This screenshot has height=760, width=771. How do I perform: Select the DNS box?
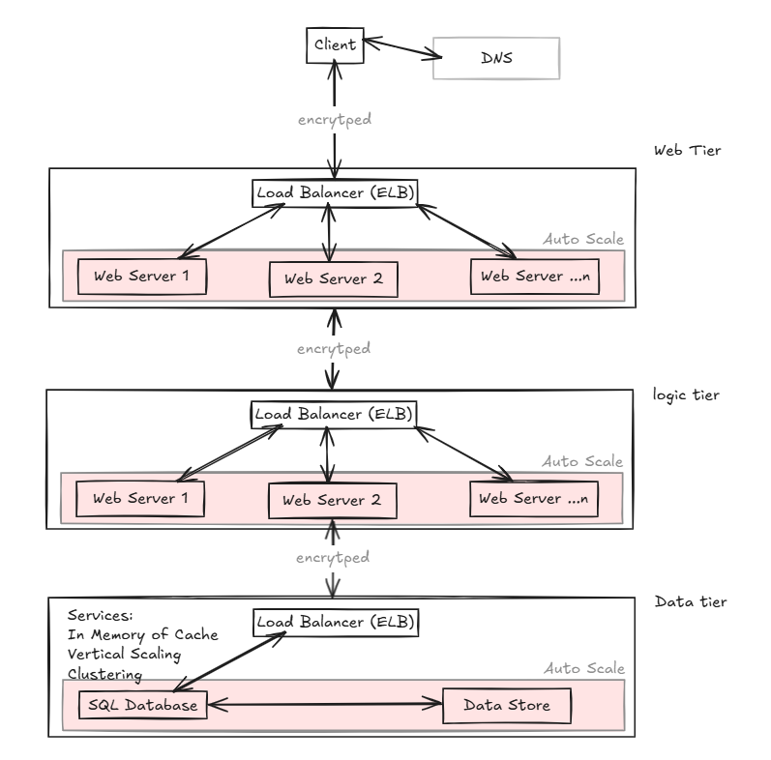[x=496, y=58]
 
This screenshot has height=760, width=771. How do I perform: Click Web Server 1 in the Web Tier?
[x=142, y=276]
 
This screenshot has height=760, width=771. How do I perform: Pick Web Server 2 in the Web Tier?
[x=334, y=278]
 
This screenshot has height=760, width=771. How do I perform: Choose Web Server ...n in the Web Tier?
[x=533, y=276]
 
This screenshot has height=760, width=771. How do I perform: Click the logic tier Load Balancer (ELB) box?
[x=333, y=414]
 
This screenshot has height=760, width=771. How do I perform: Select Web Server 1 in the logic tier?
[x=142, y=498]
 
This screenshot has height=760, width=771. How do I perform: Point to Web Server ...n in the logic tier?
[x=533, y=498]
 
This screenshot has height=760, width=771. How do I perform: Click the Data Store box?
[x=507, y=705]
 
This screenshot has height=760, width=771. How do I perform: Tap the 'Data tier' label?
[x=690, y=601]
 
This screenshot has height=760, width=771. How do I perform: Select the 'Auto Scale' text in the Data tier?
[x=584, y=668]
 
